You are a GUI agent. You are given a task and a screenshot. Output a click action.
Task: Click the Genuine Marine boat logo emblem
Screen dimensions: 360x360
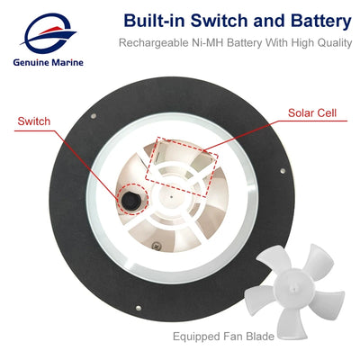click(x=48, y=33)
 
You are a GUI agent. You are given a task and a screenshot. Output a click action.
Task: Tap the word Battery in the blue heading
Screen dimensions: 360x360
click(x=320, y=22)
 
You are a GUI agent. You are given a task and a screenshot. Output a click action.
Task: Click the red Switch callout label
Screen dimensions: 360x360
click(x=34, y=121)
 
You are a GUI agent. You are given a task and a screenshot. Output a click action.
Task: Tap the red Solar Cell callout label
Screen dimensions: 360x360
click(x=312, y=112)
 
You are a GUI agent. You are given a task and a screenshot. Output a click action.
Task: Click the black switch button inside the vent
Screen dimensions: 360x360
click(x=130, y=200)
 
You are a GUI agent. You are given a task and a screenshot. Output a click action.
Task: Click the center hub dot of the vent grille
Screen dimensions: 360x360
click(x=171, y=197)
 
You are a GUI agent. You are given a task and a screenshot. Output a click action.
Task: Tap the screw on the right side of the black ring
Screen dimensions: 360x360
click(x=283, y=171)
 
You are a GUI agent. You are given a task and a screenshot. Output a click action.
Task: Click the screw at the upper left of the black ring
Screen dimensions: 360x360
click(x=94, y=115)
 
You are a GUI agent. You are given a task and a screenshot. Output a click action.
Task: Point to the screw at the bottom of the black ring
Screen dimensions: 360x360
click(x=139, y=308)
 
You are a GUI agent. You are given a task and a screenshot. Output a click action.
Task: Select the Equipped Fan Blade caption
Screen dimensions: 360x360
click(x=223, y=337)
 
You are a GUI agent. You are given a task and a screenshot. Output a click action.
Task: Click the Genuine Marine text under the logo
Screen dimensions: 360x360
click(x=49, y=63)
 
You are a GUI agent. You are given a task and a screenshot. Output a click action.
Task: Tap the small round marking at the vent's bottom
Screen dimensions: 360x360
click(x=156, y=245)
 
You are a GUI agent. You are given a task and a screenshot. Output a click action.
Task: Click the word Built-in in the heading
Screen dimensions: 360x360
click(x=155, y=21)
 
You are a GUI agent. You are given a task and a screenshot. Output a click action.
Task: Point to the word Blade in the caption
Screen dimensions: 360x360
click(x=260, y=336)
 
